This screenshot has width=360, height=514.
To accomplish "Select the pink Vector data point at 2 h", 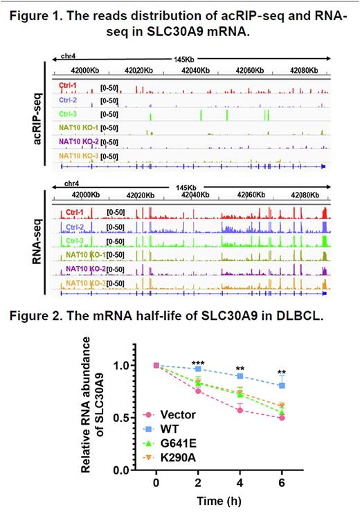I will point(199,391).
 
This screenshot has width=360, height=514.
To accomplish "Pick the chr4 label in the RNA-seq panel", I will point(72,184).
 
